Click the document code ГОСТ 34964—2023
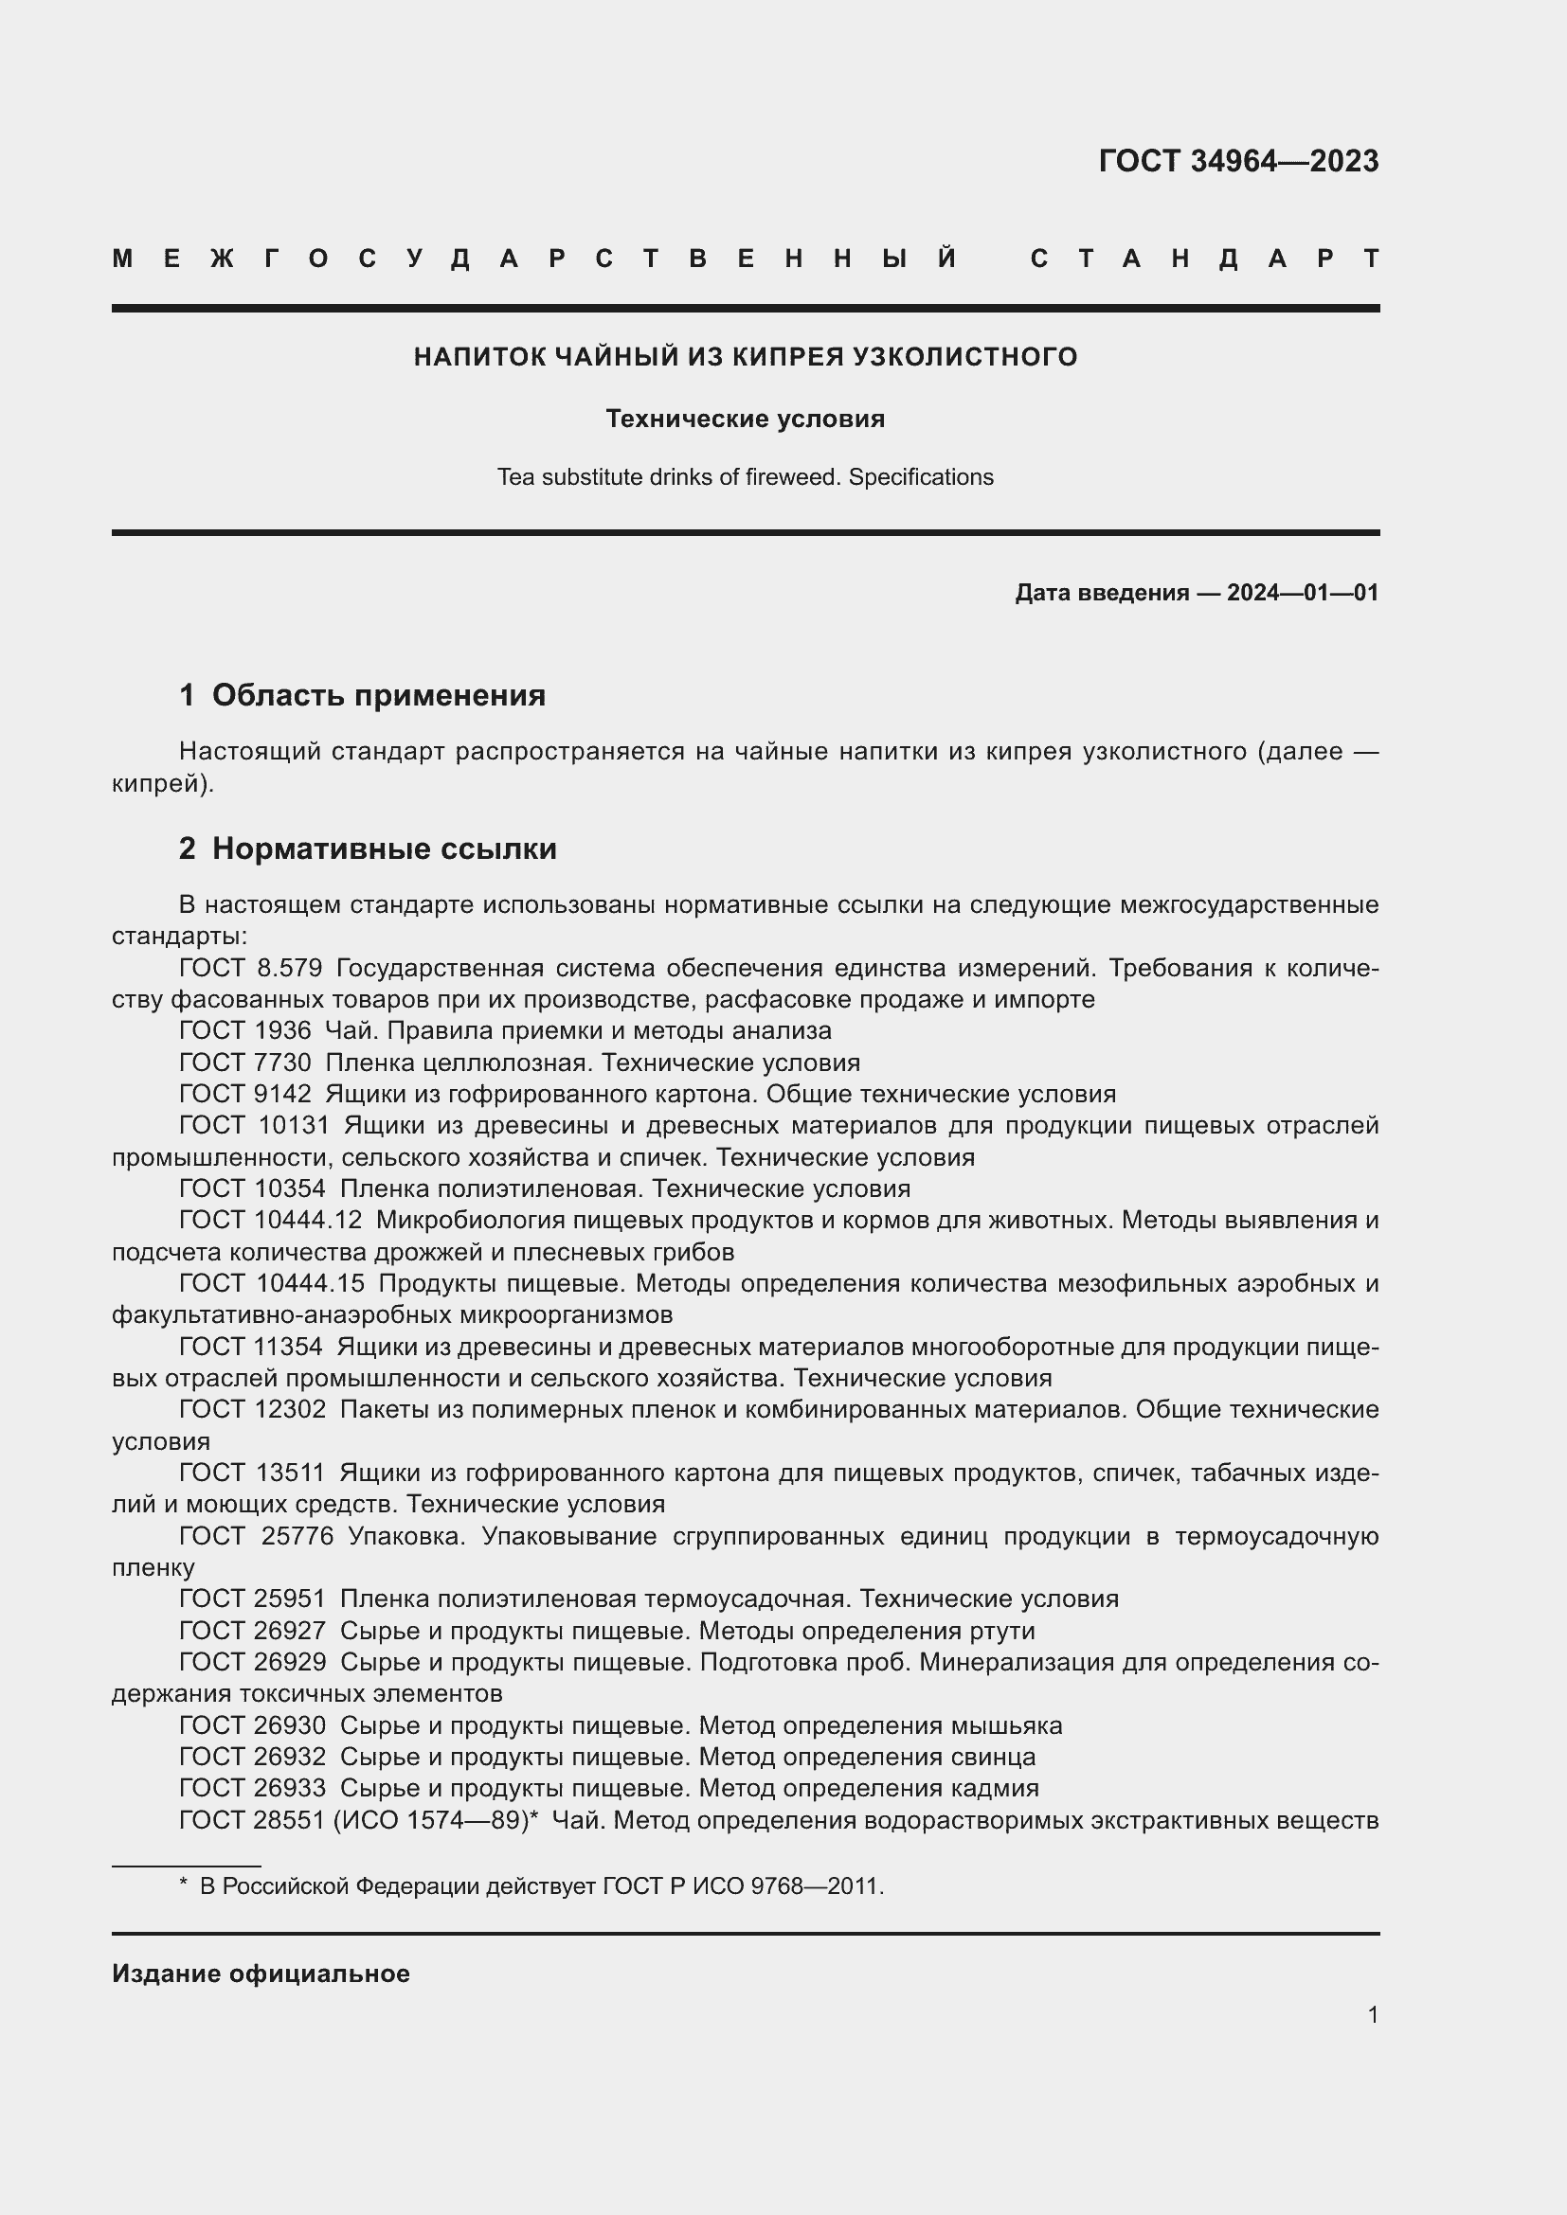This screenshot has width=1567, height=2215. point(1238,161)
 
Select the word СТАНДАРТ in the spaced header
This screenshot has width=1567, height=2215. point(1204,259)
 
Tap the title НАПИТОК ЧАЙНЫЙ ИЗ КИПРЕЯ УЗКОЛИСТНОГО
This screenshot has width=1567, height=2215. point(745,357)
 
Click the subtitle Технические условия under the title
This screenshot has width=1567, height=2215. point(745,419)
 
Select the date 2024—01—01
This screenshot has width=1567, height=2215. point(1303,592)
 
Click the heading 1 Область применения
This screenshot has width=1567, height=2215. point(362,694)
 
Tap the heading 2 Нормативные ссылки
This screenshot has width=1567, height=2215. point(368,848)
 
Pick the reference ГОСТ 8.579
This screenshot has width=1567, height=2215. point(251,968)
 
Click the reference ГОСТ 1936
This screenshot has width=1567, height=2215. point(245,1030)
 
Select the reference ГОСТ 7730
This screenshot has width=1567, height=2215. point(245,1063)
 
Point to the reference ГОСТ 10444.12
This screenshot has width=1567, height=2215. point(270,1221)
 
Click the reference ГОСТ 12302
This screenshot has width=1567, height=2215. point(253,1409)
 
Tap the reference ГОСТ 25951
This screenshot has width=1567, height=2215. point(253,1599)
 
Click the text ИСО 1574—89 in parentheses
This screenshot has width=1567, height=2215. point(433,1820)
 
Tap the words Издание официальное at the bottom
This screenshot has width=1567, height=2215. point(261,1974)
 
